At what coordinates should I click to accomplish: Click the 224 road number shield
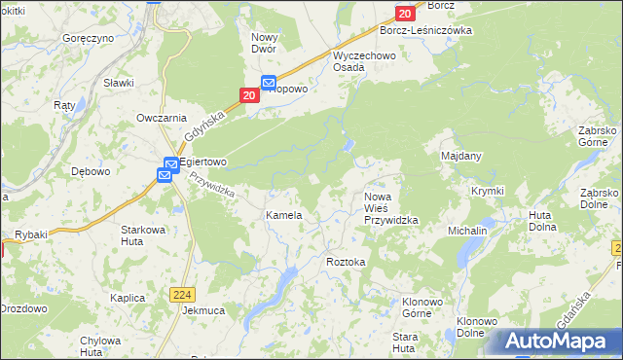coord(187,294)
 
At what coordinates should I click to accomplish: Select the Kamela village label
coord(284,215)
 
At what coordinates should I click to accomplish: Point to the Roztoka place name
coord(346,262)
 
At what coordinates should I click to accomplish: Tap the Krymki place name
coord(487,191)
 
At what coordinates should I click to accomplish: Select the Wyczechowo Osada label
coord(361,61)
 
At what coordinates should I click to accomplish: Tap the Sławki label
coord(118,83)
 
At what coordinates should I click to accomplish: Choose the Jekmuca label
coord(203,311)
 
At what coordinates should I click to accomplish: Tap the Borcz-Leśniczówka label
coord(425,30)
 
